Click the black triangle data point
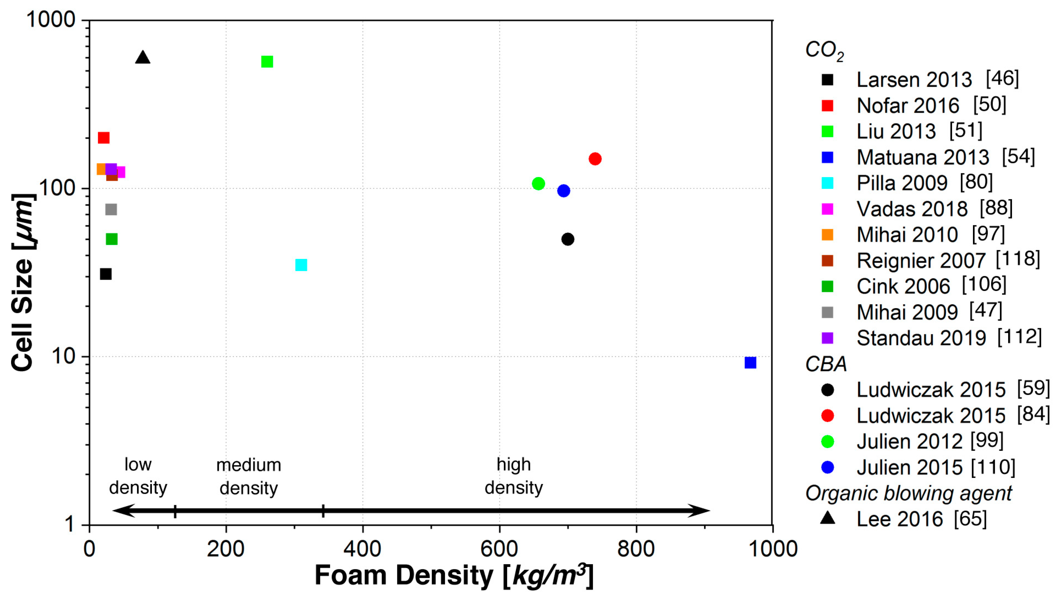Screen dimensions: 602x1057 click(x=142, y=58)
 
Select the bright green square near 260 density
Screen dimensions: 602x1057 click(x=267, y=62)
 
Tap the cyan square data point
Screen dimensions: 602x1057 click(x=301, y=265)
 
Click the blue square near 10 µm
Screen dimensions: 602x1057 click(x=750, y=363)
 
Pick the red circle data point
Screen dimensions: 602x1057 click(x=595, y=159)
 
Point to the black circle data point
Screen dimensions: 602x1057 click(x=568, y=239)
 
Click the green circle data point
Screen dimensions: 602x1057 click(x=538, y=183)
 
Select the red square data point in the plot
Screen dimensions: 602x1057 click(x=103, y=138)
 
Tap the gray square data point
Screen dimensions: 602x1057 click(x=111, y=210)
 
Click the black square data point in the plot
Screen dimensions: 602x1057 click(x=106, y=274)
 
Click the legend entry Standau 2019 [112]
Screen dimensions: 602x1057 click(x=948, y=338)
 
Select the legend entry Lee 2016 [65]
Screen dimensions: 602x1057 click(x=921, y=519)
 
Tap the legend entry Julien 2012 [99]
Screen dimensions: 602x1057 click(x=930, y=441)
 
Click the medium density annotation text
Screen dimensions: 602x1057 click(x=249, y=476)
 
